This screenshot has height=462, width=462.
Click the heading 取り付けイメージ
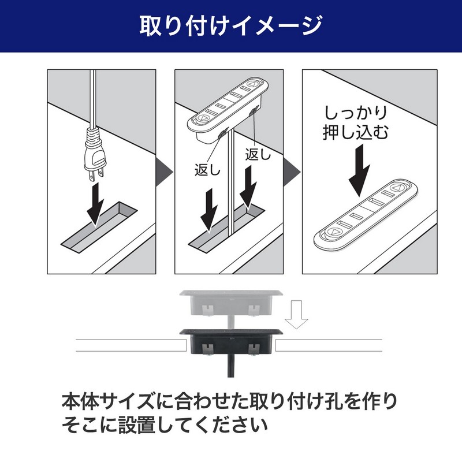click(x=231, y=26)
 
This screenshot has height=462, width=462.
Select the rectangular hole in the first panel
click(x=99, y=227)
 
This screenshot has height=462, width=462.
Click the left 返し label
click(x=207, y=170)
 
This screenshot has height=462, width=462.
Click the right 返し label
click(x=258, y=154)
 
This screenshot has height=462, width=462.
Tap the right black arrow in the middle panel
click(x=248, y=187)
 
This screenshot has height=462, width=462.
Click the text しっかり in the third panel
click(x=356, y=113)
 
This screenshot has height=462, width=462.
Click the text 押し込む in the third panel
click(x=356, y=132)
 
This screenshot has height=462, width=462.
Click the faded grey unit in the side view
click(x=231, y=304)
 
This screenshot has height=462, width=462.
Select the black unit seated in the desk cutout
click(x=231, y=342)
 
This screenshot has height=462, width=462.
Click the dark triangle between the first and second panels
click(x=165, y=172)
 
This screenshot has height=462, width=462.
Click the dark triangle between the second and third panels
click(x=292, y=172)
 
